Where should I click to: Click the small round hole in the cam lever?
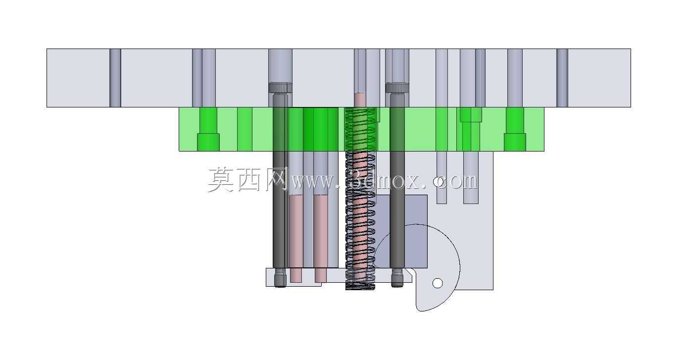pos(438,283)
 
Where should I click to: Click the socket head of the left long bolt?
pos(280,88)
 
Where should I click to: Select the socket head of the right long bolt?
pos(397,88)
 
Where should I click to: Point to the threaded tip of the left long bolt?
pos(280,278)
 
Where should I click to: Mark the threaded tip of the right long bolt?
pos(397,278)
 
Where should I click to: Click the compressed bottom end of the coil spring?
pos(360,286)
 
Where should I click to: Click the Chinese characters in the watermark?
pos(247,180)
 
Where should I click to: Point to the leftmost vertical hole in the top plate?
pos(115,78)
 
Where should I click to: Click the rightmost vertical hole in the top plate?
pos(562,78)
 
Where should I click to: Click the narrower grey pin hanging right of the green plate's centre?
pos(441,177)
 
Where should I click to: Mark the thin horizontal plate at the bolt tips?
pos(339,277)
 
